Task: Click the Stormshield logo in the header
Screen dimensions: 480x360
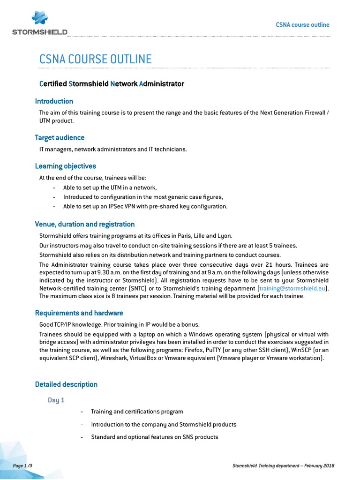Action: (40, 24)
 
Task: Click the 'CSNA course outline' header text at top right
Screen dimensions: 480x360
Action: (302, 25)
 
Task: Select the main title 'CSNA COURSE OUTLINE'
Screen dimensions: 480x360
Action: (95, 60)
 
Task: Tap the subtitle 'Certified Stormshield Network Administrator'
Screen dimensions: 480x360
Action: (112, 84)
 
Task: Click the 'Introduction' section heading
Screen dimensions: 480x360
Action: (54, 101)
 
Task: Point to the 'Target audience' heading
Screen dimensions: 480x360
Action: (60, 138)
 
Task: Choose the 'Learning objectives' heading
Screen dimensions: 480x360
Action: (65, 166)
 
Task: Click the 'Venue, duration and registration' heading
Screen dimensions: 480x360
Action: (85, 224)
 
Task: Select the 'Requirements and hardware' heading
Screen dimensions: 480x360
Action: (79, 313)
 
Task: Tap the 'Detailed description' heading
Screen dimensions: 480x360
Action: (66, 384)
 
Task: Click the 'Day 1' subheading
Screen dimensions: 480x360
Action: (56, 400)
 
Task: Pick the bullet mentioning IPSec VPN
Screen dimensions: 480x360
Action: (145, 206)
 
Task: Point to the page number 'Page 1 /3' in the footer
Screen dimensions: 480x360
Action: (22, 465)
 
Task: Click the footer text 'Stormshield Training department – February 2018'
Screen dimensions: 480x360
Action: (283, 465)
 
